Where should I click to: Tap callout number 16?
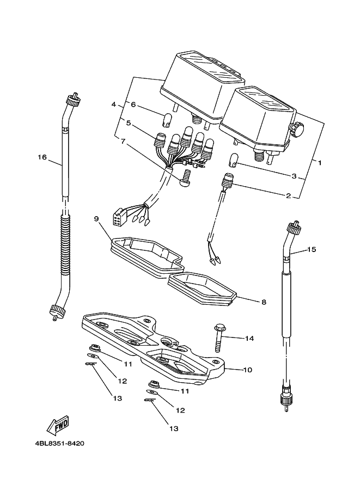42,157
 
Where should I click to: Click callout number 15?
312,249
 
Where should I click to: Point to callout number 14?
249,339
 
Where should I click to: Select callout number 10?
247,370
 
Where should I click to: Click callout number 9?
96,219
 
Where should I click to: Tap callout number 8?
264,302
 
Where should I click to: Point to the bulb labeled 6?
167,119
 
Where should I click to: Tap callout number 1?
320,163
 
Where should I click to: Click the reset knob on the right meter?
296,128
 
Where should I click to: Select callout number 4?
113,105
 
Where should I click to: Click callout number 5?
128,123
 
